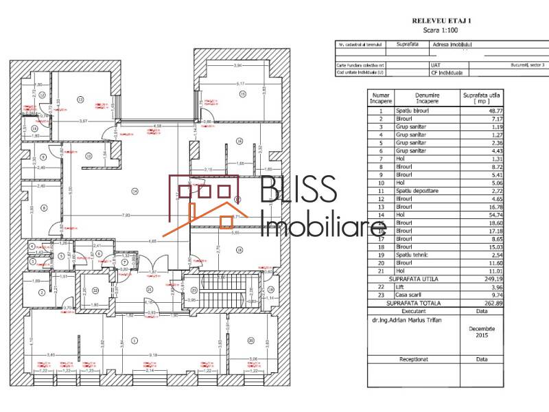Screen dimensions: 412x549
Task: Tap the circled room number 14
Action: (x=135, y=190)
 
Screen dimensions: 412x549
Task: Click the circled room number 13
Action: (x=80, y=100)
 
